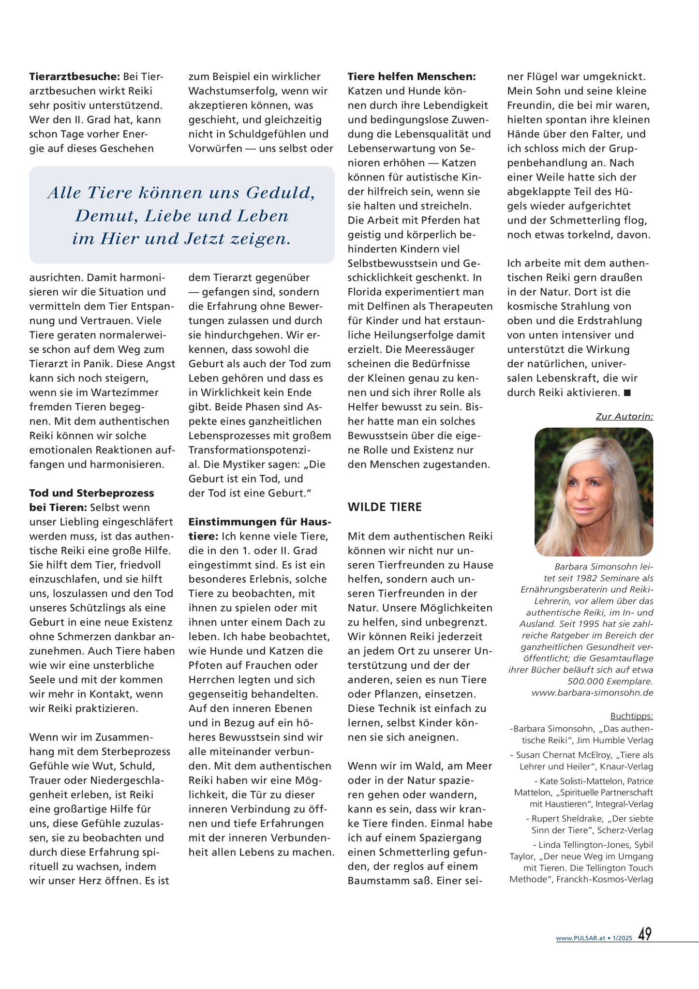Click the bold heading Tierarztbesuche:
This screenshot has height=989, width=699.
tap(74, 76)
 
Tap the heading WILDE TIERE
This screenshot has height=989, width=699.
tap(385, 507)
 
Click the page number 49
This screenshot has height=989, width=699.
tap(644, 934)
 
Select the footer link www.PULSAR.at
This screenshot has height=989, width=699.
tap(580, 938)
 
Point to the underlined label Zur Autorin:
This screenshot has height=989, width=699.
tap(624, 416)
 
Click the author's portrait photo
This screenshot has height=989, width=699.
tap(594, 492)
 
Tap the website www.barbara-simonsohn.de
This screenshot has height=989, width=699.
tap(592, 693)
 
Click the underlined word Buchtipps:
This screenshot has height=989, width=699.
tap(631, 716)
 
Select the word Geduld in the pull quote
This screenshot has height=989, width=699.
tap(281, 193)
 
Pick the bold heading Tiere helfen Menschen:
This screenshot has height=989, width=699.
tap(412, 76)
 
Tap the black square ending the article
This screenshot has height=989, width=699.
tap(627, 393)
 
